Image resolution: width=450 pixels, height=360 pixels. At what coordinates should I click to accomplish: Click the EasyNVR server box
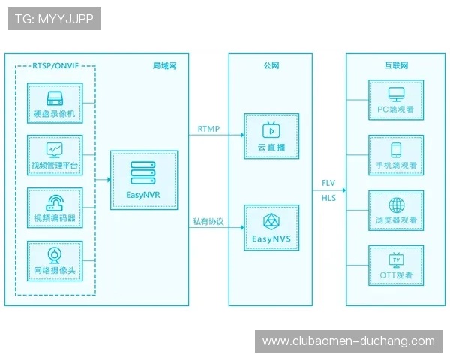coord(144,181)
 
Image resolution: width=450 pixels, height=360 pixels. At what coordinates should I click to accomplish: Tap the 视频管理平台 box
coord(54,155)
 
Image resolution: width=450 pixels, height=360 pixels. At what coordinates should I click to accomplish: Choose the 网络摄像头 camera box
coord(54,259)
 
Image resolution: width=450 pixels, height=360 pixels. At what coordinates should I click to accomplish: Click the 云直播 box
coord(271,136)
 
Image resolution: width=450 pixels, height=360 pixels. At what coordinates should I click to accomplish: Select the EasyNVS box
coord(271,228)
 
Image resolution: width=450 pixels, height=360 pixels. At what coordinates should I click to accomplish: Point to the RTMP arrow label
coord(208,129)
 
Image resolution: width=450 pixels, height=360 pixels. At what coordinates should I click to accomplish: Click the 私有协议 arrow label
coord(208,221)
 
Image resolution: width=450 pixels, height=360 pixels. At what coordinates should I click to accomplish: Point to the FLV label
coord(328,184)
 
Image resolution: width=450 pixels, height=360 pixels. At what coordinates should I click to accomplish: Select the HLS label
coord(328,198)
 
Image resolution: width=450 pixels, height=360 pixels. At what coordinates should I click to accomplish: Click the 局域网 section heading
coord(164,66)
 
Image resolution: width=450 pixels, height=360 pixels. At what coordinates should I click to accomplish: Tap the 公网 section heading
coord(271,66)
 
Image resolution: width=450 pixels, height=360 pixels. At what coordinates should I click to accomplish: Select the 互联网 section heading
coord(396,66)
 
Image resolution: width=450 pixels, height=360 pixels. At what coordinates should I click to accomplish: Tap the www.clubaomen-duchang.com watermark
coord(348,341)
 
